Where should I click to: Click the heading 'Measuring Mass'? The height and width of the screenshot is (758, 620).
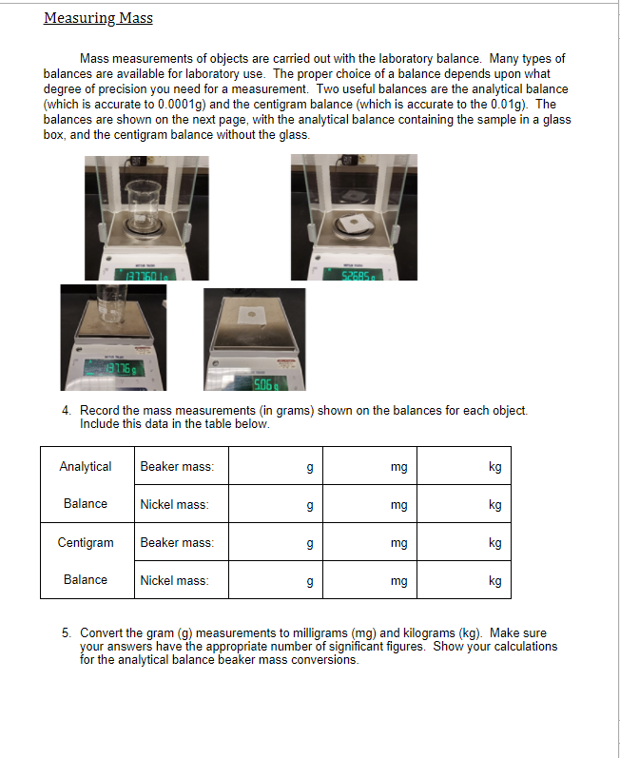click(98, 18)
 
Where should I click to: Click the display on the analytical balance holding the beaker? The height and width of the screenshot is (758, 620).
click(145, 274)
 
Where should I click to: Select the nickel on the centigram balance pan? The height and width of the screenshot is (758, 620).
click(252, 312)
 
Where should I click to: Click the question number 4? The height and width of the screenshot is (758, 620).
click(67, 410)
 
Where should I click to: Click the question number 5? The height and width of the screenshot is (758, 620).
click(67, 632)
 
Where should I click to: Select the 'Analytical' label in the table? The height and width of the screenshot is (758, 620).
click(86, 466)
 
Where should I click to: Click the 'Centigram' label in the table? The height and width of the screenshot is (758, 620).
click(86, 542)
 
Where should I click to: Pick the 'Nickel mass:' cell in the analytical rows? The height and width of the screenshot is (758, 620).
click(175, 504)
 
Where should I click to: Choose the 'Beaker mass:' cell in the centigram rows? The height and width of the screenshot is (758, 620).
click(177, 542)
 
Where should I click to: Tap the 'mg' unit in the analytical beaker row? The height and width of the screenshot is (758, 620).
click(398, 467)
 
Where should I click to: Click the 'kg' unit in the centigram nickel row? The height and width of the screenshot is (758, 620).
click(494, 580)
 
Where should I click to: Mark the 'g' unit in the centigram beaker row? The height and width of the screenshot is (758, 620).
click(309, 543)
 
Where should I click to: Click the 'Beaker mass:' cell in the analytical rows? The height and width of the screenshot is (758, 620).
click(177, 466)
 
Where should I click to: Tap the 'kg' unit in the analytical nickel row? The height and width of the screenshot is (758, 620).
click(494, 505)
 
